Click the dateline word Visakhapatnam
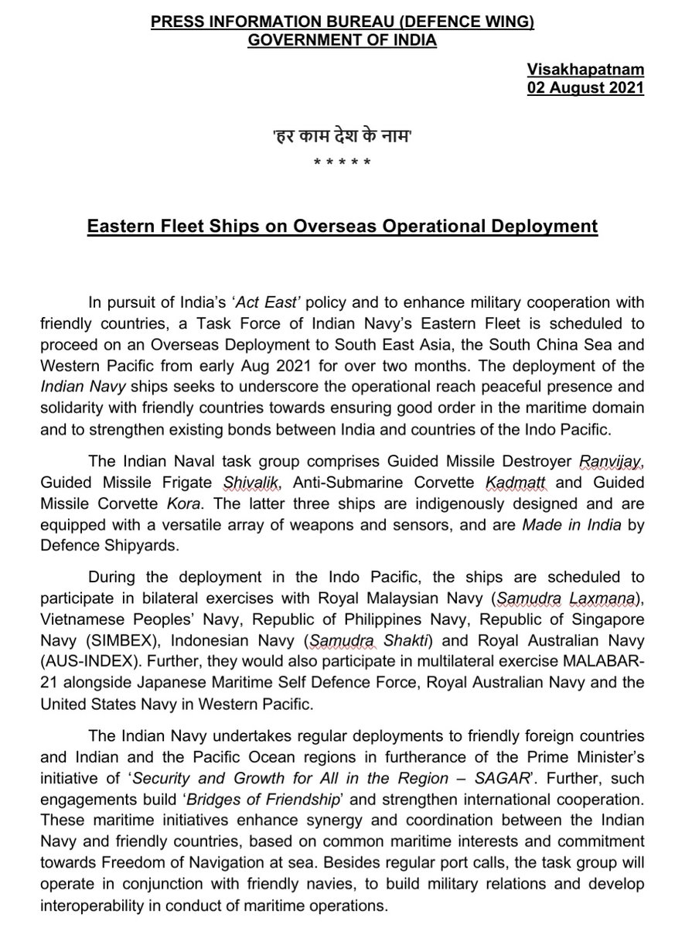[585, 71]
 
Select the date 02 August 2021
[585, 87]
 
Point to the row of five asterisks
[341, 163]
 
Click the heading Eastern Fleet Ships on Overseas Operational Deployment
[341, 227]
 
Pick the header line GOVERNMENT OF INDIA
[342, 39]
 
